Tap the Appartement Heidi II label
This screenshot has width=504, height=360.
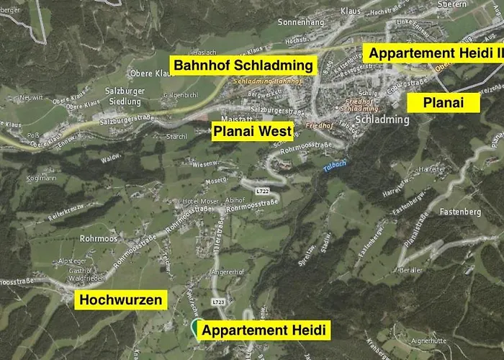pos(433,53)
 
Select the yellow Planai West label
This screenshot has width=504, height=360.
pos(252,131)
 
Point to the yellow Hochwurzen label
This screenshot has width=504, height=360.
pos(121,300)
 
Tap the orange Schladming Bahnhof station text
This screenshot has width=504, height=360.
pos(258,81)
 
